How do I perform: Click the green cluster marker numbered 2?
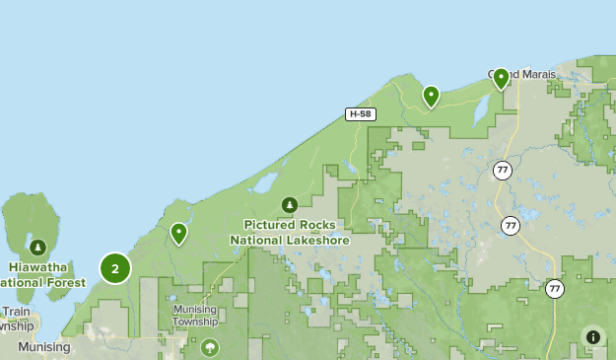point(115,267)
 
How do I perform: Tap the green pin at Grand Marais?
point(501,78)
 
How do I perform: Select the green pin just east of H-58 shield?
point(431,96)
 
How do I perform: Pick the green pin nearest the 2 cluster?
point(178,233)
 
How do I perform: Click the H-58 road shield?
point(361,114)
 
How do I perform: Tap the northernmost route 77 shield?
point(504,170)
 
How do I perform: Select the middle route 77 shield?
point(510,226)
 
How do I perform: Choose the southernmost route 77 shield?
point(555,289)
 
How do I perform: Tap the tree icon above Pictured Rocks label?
point(289,204)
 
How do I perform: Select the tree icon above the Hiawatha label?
point(37,247)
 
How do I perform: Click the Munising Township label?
point(195,316)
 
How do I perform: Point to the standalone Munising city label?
point(43,347)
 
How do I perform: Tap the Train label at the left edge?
point(16,312)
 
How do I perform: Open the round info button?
point(592,337)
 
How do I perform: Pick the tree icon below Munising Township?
point(209,347)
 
